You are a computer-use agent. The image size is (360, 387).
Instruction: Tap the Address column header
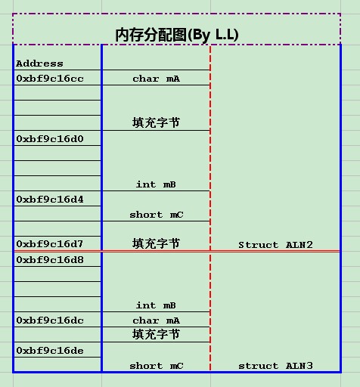coord(39,63)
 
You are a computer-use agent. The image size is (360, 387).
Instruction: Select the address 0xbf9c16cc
coord(50,79)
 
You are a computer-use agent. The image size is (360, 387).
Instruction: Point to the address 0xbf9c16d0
coord(50,139)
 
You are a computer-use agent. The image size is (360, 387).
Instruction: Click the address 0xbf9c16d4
coord(50,200)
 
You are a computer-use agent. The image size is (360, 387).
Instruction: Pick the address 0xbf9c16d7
coord(50,244)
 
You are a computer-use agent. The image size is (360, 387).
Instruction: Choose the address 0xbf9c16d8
coord(50,260)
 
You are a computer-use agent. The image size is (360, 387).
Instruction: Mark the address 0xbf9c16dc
coord(50,320)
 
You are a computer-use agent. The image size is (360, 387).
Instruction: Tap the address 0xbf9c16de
coord(50,351)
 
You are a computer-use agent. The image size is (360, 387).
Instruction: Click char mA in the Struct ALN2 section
coord(156,79)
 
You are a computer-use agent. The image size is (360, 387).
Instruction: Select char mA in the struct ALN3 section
coord(156,320)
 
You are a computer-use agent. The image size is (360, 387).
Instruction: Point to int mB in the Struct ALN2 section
coord(156,184)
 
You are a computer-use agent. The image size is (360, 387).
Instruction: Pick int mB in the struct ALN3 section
coord(156,305)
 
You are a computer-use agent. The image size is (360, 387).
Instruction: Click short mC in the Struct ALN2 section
coord(156,215)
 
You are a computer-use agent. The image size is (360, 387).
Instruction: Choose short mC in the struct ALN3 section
coord(156,366)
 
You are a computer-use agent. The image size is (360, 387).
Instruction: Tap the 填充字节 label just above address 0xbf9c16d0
coord(156,122)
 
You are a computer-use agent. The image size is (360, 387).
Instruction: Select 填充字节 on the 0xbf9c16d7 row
coord(156,243)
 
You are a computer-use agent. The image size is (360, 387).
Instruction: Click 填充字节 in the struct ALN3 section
coord(156,334)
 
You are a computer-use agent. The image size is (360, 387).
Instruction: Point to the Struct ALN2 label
coord(275,245)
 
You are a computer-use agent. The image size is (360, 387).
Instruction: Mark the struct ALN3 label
coord(275,366)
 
